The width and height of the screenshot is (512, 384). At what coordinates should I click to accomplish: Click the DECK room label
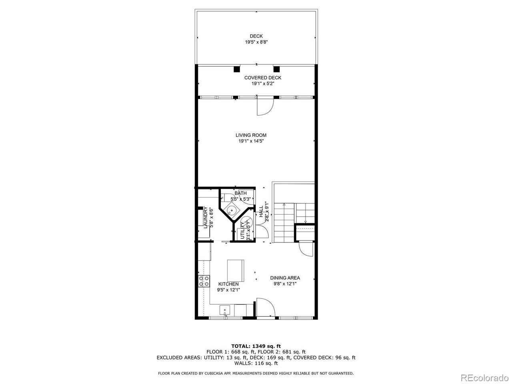pyautogui.click(x=256, y=36)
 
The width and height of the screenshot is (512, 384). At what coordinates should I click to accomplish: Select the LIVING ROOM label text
pyautogui.click(x=251, y=135)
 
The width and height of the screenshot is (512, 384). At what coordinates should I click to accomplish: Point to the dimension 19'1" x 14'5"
pyautogui.click(x=251, y=141)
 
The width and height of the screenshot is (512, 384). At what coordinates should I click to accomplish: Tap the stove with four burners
pyautogui.click(x=204, y=281)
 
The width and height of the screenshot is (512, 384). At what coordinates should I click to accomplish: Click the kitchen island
pyautogui.click(x=236, y=270)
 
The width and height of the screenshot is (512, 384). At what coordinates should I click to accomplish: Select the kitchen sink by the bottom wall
pyautogui.click(x=225, y=310)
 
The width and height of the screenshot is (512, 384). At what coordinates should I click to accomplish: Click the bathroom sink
pyautogui.click(x=231, y=211)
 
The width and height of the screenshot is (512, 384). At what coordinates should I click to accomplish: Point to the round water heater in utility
pyautogui.click(x=247, y=222)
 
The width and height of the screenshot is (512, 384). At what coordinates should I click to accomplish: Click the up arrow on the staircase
pyautogui.click(x=284, y=205)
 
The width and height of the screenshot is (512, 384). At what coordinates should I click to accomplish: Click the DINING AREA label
pyautogui.click(x=285, y=278)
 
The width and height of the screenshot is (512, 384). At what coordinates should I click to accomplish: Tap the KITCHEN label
pyautogui.click(x=228, y=284)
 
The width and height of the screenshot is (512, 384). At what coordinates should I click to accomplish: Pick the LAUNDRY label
pyautogui.click(x=206, y=218)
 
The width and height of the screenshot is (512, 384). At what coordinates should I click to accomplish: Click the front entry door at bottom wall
pyautogui.click(x=264, y=308)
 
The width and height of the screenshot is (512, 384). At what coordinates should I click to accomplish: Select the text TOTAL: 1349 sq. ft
pyautogui.click(x=256, y=346)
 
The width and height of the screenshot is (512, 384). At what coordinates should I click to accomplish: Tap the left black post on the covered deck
pyautogui.click(x=237, y=69)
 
